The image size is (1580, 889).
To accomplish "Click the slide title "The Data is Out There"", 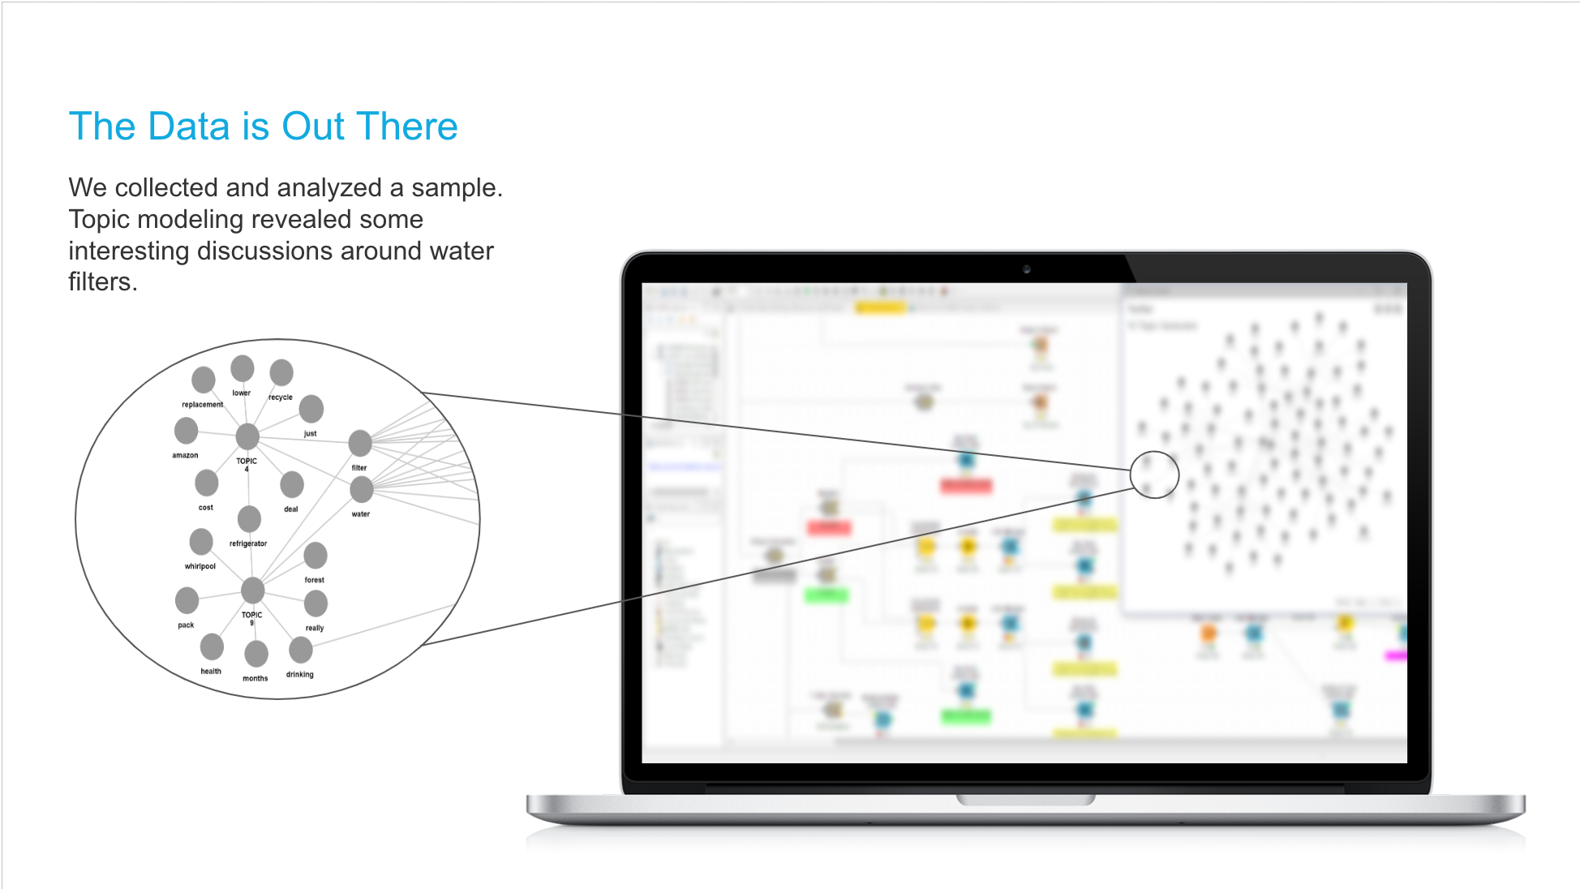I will coord(264,127).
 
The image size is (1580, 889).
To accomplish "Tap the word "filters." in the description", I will coord(102,282).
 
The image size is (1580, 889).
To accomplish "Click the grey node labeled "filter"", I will coord(360,443).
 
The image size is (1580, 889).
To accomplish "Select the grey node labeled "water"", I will coord(362,489).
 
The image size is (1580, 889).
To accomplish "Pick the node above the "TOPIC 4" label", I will coord(247,436).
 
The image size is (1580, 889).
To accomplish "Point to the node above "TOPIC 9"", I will coord(253,590).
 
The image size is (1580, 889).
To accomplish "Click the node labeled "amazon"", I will coord(186,431).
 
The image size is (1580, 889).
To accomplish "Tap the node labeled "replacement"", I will coord(204,379).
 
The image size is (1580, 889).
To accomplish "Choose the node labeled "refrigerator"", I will coord(249,518).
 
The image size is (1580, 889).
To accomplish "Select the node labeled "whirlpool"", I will coord(201,541).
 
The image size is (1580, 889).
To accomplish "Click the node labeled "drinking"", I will coord(301,649).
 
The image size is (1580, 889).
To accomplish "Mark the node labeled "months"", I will coord(256,653).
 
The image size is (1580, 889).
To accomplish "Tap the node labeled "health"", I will coord(212,646).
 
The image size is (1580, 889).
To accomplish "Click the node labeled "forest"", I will coord(316,555).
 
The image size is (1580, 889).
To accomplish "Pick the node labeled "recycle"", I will coord(281,372).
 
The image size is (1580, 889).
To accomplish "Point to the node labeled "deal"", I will coord(292,484).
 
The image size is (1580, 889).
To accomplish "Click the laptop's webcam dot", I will coord(1026,268).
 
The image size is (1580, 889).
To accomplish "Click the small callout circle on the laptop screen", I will coord(1154,475).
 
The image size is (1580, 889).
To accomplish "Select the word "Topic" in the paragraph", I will coord(100,220).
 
